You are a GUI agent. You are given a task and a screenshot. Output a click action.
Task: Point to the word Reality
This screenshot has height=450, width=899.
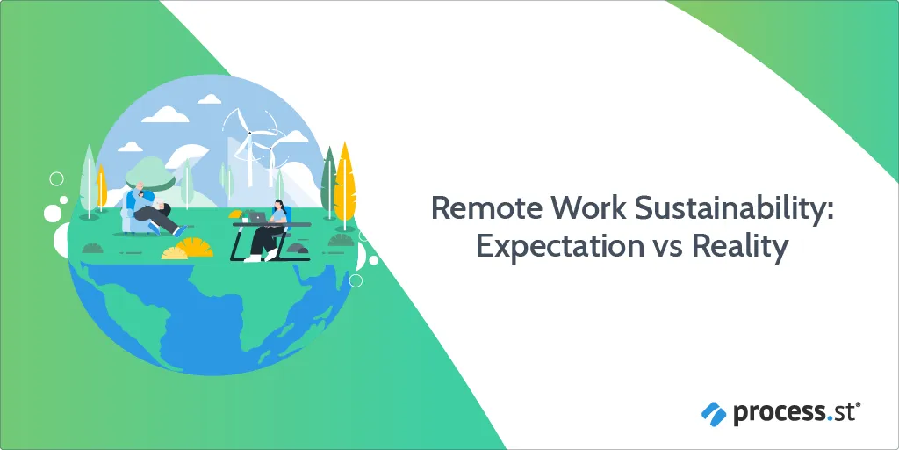point(738,249)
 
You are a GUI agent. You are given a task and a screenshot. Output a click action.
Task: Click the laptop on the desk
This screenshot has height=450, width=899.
point(257,217)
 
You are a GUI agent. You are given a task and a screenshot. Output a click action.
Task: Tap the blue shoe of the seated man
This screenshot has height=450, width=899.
point(180,231)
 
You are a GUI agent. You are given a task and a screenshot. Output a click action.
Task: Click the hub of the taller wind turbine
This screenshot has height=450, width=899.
point(250,133)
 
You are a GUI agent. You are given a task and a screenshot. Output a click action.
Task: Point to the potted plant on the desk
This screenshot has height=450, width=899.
point(245,216)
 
